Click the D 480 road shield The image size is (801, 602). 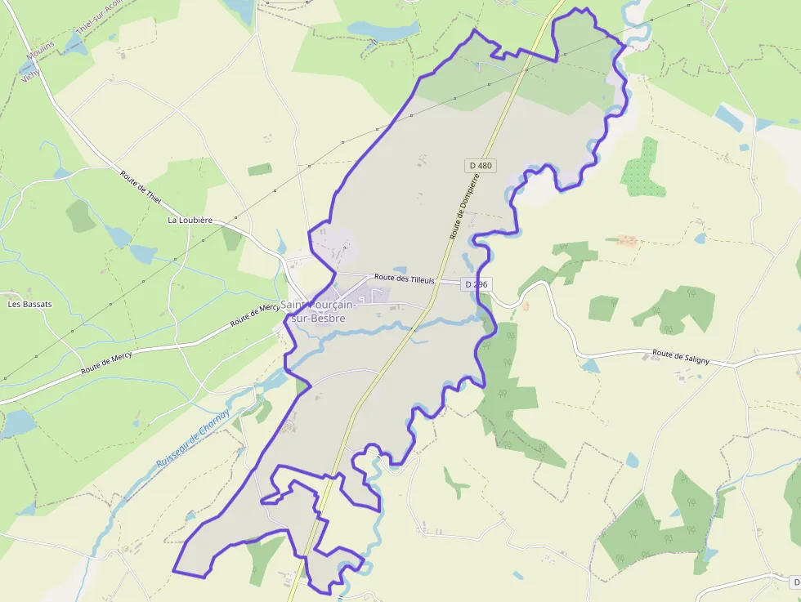pos(481,165)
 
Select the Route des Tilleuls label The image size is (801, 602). pos(404,279)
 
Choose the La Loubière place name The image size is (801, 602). pos(190,220)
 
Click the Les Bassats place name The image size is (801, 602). pos(29,304)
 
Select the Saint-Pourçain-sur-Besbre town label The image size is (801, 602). pos(319,311)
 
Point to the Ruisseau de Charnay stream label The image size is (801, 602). pos(189,439)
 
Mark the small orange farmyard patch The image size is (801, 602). pos(627,240)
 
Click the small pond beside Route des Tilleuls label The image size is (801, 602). pos(399,270)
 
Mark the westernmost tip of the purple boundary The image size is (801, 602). pos(173,570)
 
